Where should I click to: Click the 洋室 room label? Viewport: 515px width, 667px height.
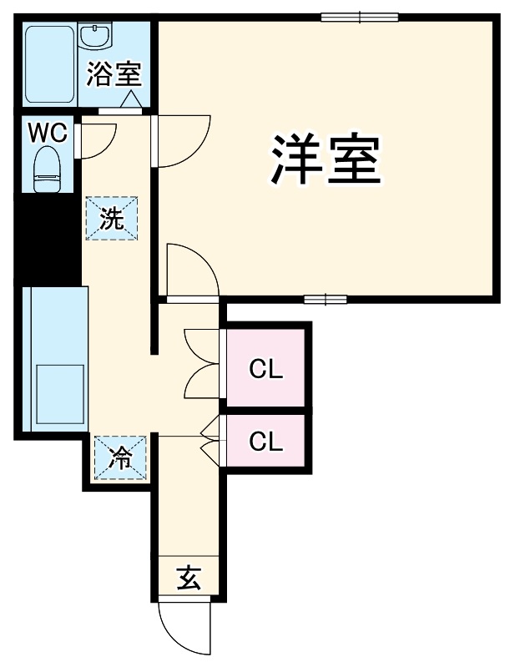326,159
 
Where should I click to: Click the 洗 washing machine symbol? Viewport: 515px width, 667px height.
112,219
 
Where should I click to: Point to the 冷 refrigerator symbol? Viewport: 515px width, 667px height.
121,457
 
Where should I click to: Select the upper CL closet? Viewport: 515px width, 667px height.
266,368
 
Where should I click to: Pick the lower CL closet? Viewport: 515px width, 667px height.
266,441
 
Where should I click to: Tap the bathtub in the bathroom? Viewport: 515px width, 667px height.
49,64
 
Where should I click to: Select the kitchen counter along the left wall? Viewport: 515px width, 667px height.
55,359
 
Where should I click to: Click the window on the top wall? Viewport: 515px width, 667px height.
360,16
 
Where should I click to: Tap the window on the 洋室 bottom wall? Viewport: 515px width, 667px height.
326,299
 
